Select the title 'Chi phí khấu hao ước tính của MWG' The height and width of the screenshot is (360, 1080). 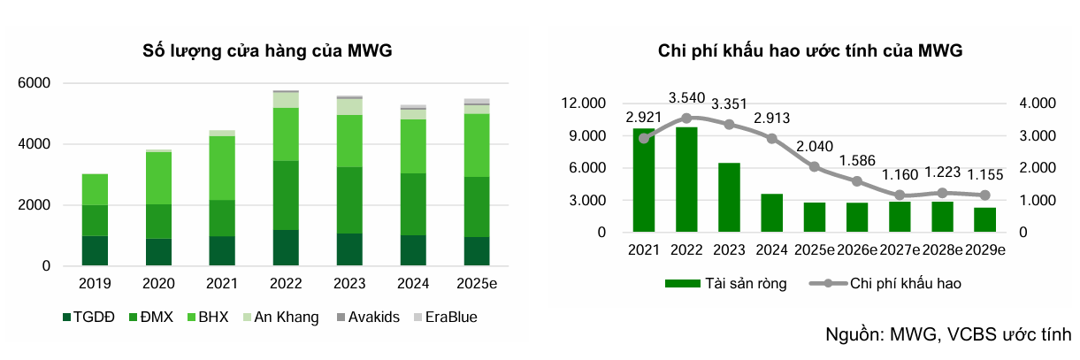pos(810,51)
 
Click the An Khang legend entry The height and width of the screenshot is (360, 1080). pos(279,318)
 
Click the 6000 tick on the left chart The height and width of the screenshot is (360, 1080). pos(34,83)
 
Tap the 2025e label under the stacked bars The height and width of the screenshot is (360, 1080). pos(476,286)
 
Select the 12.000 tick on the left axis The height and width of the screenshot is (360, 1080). pos(582,103)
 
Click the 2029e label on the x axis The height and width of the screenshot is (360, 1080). pos(984,250)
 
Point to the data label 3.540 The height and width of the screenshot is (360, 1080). pos(686,98)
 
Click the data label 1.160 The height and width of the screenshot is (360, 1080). pos(900,174)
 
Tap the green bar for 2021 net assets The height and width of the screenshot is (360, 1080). pos(643,180)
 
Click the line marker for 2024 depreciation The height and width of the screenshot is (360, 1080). pos(771,139)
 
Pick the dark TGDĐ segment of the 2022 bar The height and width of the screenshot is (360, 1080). pos(286,248)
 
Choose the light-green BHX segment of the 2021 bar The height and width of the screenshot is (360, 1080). pos(223,168)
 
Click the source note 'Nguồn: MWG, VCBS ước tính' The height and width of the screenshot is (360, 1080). pos(947,334)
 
